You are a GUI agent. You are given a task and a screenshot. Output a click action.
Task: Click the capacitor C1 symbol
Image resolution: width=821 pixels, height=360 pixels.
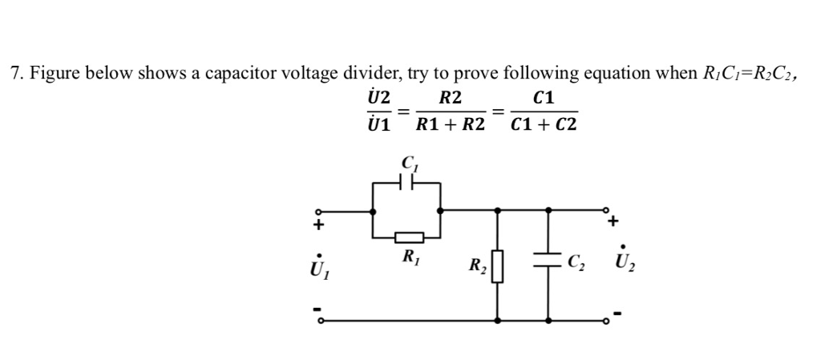(x=408, y=183)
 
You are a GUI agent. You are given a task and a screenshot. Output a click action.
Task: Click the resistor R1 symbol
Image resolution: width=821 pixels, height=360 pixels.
(x=408, y=237)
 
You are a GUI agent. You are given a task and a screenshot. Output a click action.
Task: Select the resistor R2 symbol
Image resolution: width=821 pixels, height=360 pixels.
(x=498, y=265)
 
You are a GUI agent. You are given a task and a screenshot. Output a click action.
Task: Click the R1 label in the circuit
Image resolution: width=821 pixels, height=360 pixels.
(x=408, y=257)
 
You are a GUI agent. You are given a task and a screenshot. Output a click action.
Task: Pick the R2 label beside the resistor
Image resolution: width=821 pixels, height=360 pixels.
(x=477, y=265)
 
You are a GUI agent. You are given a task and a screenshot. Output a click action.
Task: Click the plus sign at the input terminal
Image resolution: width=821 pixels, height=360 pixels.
(x=318, y=225)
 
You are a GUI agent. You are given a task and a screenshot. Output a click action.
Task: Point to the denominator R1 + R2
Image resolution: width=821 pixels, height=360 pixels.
(x=450, y=125)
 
